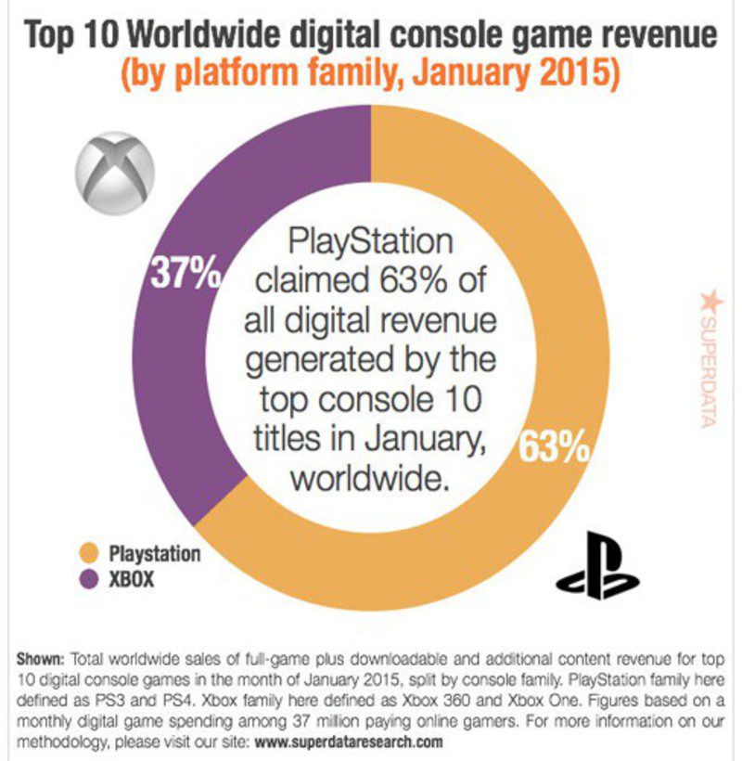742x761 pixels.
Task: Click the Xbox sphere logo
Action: click(x=113, y=176)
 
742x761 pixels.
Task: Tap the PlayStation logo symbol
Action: click(x=597, y=565)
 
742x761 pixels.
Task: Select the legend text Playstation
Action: click(x=155, y=554)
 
